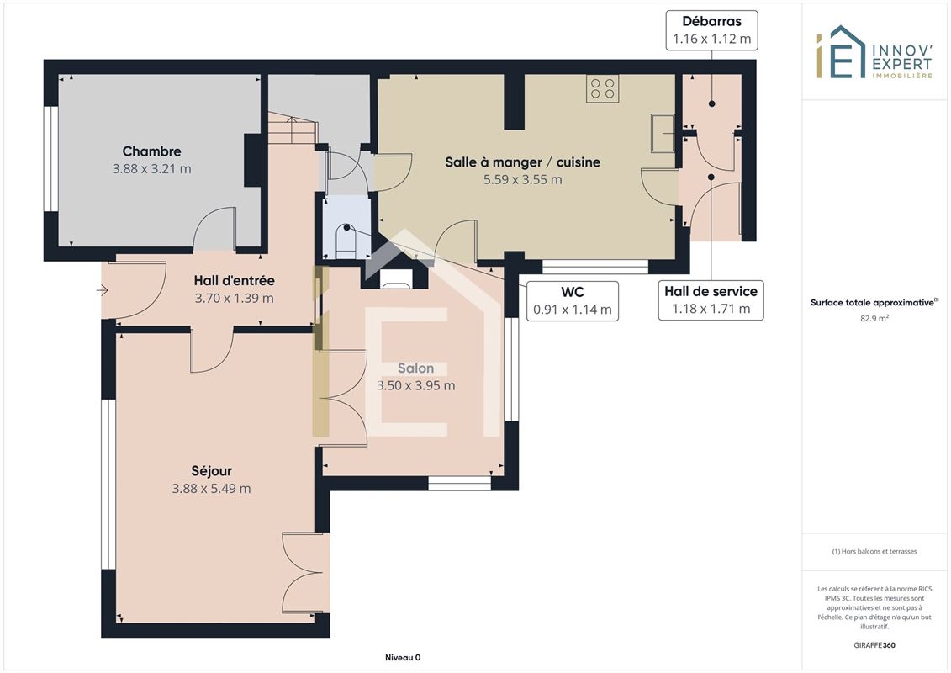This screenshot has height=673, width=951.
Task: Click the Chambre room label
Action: coord(151,151)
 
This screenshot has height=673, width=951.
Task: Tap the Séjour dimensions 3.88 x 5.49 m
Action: coord(211,489)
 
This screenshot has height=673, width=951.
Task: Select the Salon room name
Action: coord(415,368)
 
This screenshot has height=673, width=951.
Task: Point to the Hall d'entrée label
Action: coord(234,280)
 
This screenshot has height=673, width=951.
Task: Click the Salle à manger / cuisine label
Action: coord(523,162)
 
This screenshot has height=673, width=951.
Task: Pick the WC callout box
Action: coord(573,300)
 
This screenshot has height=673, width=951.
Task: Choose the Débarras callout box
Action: coord(712,29)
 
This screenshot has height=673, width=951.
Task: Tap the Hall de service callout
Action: coord(711,299)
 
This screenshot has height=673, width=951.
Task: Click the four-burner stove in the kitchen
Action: coord(602,88)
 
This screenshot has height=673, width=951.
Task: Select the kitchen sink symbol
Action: coord(663,133)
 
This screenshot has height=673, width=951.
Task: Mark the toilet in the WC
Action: coord(346,241)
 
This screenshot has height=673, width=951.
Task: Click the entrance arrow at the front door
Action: coord(102,291)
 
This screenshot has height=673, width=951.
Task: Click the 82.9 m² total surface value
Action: coord(874,318)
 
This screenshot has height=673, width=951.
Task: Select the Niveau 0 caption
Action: coord(403,657)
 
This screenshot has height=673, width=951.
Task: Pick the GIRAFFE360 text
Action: coord(874,645)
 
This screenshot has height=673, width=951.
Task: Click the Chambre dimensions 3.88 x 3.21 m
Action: coord(151,169)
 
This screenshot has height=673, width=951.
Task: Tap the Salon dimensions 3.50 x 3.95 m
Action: coord(415,385)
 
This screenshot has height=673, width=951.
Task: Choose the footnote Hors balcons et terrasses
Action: coord(874,552)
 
